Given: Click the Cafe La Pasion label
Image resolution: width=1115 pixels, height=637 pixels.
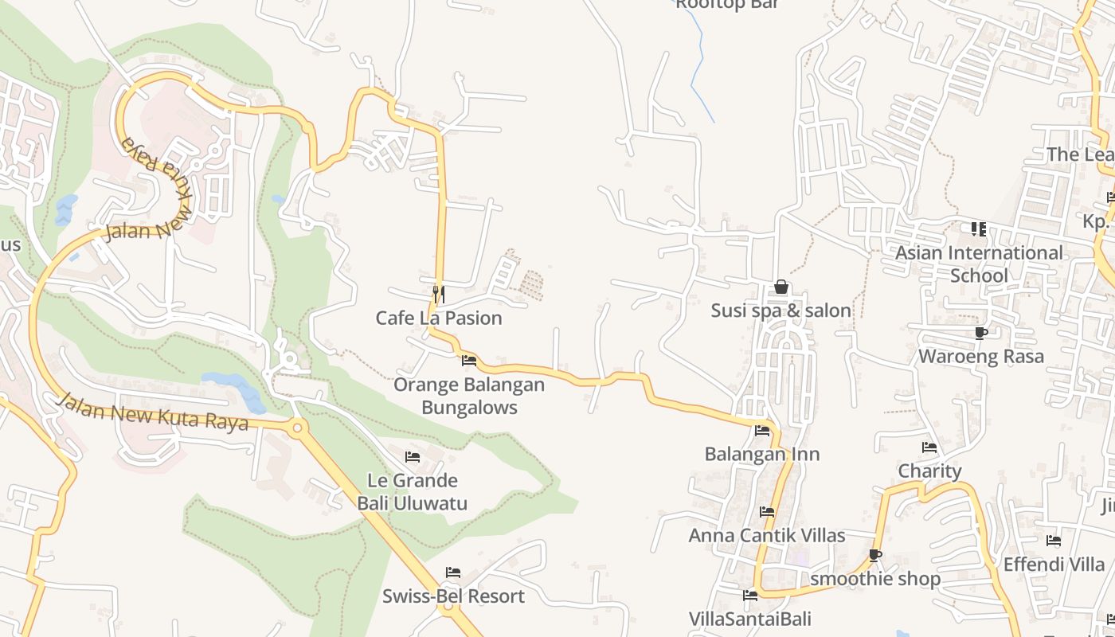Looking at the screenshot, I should point(439,318).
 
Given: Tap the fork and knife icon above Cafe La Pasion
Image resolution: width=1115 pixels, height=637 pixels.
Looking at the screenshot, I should point(438,295).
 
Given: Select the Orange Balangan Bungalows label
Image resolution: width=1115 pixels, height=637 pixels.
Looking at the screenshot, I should point(469,397).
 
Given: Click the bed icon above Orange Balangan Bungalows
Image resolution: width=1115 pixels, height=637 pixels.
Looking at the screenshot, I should point(469,361).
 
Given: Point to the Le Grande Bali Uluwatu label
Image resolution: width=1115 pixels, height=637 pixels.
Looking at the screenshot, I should point(412,492).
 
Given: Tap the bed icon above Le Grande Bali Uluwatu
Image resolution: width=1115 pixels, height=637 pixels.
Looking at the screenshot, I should point(413,457).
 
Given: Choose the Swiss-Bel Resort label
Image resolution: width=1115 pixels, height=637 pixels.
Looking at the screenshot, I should point(453,596).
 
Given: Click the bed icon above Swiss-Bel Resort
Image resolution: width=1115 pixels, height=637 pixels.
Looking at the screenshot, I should point(453,573).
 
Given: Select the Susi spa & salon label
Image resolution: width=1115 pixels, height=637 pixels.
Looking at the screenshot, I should point(780,311).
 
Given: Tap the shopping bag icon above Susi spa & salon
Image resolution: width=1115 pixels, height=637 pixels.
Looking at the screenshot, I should point(781,287).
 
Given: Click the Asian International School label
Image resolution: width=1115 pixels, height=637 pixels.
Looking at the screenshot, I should point(979,264).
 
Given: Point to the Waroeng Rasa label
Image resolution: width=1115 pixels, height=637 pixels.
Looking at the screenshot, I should point(980,357).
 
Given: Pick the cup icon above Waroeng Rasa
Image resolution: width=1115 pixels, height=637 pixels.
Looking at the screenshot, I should point(980,333).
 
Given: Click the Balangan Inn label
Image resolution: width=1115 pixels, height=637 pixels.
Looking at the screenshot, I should point(762,455).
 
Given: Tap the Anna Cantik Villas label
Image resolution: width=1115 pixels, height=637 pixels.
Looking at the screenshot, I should point(766,536).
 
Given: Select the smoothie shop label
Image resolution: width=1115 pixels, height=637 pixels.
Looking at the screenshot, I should point(875,579).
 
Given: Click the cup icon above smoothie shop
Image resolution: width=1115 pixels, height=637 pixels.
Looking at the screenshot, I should point(875,555).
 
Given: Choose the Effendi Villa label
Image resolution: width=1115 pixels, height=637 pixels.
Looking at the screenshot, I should point(1054,565).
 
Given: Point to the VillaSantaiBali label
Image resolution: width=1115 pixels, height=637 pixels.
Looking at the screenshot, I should point(749,619).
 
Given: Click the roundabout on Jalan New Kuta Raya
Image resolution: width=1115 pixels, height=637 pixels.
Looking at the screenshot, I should point(299,428).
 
